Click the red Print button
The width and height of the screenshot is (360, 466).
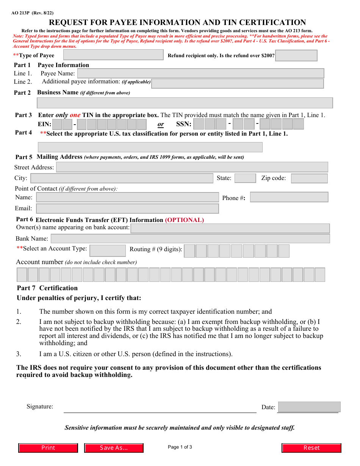[48, 448]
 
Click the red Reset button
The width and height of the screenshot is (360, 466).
[311, 448]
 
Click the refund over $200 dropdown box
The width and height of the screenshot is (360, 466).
[296, 55]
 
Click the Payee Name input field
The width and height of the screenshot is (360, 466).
[200, 73]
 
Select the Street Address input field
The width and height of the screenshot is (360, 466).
[192, 167]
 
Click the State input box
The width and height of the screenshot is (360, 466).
[245, 178]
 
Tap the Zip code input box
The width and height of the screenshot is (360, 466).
[309, 178]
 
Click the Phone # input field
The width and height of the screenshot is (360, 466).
[289, 197]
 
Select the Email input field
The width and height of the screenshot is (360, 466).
[127, 208]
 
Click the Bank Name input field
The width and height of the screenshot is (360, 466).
[190, 238]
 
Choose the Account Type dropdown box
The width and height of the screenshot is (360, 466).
[108, 250]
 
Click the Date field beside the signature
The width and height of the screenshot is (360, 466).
[309, 407]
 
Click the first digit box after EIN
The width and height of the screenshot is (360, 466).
[57, 124]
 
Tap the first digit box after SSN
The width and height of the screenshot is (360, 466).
[199, 124]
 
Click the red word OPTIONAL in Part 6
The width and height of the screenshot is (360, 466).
[184, 220]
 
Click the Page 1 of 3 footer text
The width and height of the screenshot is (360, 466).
[180, 447]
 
